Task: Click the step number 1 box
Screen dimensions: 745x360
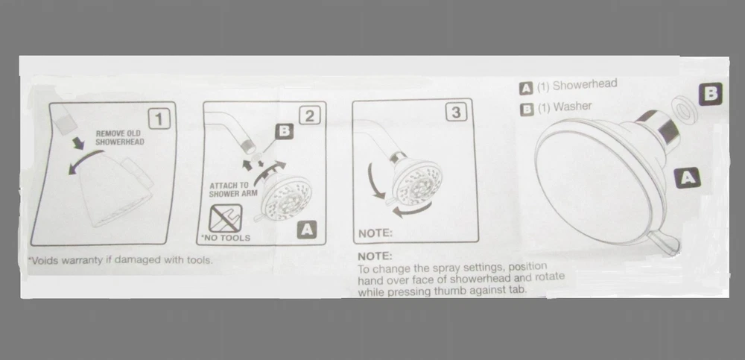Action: pos(159,119)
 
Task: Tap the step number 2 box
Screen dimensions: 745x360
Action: pos(310,116)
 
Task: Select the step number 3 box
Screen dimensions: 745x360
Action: pos(456,113)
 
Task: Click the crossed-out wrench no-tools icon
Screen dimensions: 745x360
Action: pos(225,218)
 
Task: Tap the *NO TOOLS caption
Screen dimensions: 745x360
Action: pos(225,238)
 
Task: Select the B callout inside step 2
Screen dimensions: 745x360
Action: pos(284,131)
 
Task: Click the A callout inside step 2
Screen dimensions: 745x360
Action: pos(307,230)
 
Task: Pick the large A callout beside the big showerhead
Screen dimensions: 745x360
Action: pos(687,178)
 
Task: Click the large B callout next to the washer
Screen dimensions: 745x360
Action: pos(710,94)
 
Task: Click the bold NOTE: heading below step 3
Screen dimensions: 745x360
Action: pos(375,256)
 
